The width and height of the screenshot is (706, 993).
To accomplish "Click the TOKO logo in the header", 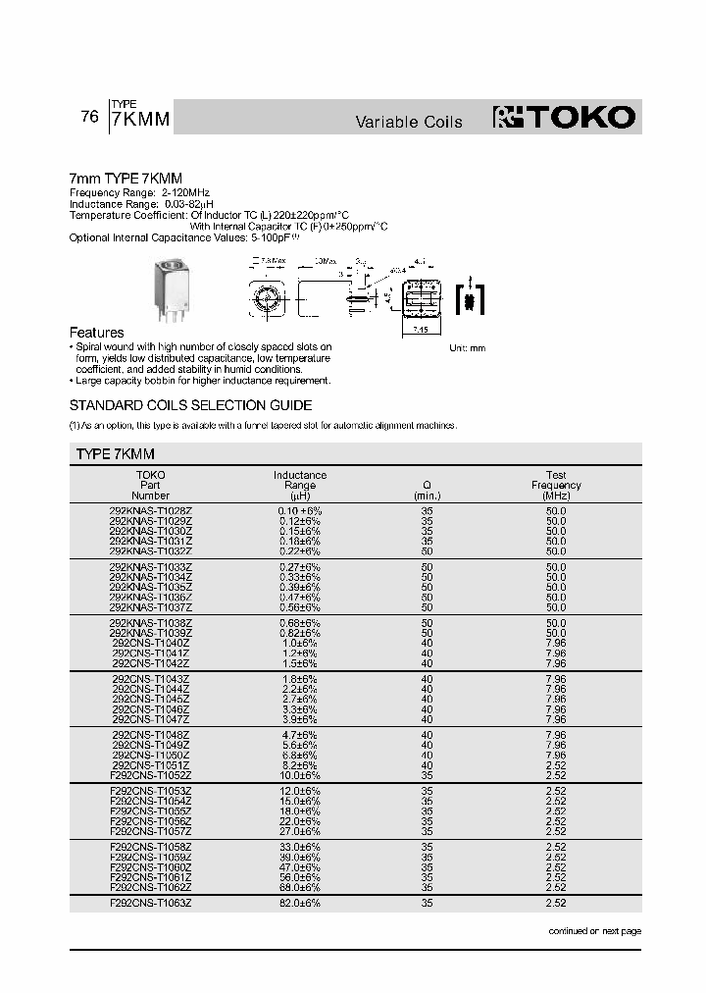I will pyautogui.click(x=565, y=118).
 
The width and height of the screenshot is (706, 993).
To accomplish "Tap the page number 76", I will pyautogui.click(x=89, y=117).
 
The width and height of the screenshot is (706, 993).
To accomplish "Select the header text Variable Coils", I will pyautogui.click(x=408, y=123).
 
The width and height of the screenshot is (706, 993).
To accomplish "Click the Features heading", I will pyautogui.click(x=96, y=333).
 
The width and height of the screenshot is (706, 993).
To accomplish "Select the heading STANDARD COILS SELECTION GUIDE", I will pyautogui.click(x=190, y=405).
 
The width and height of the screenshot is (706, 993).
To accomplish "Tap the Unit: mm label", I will pyautogui.click(x=467, y=348).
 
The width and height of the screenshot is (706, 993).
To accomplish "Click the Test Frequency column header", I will pyautogui.click(x=556, y=485).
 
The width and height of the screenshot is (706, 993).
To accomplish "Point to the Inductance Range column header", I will pyautogui.click(x=300, y=485).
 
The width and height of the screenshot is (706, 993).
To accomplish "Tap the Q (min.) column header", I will pyautogui.click(x=427, y=491).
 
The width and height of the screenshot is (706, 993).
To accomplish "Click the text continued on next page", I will pyautogui.click(x=594, y=930).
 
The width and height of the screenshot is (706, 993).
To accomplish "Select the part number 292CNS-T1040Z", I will pyautogui.click(x=151, y=642).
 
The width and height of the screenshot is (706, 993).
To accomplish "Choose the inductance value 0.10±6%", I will pyautogui.click(x=299, y=512).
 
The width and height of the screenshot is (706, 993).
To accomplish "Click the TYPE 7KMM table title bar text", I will pyautogui.click(x=116, y=454).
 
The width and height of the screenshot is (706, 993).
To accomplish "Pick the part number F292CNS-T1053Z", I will pyautogui.click(x=150, y=790).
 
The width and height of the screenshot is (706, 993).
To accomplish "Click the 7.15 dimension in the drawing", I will pyautogui.click(x=419, y=331).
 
